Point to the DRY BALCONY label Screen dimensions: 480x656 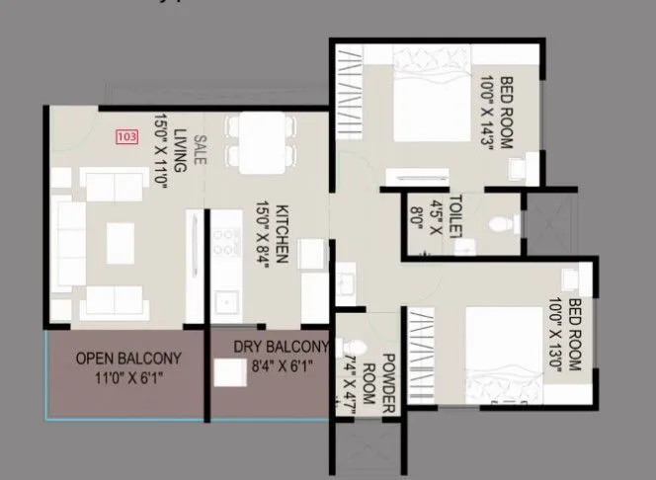click(281, 347)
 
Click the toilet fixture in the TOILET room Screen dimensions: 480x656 click(505, 222)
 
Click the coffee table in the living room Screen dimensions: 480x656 click(120, 237)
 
